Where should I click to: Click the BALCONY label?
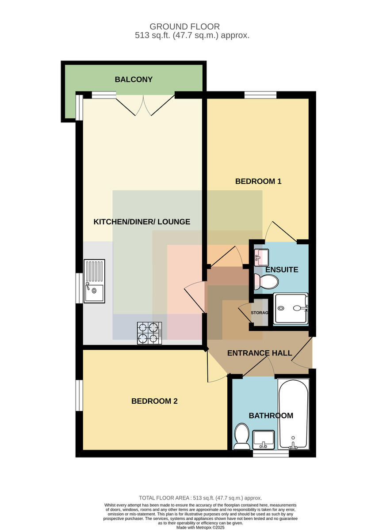(x=134, y=79)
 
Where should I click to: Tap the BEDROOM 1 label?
(x=258, y=181)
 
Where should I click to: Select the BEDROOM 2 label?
(x=154, y=401)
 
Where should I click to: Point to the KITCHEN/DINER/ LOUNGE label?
(x=142, y=222)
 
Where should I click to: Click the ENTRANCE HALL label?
(x=260, y=353)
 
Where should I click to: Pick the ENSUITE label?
(x=282, y=269)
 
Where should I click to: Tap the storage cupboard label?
(x=260, y=313)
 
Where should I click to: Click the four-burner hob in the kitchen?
(x=149, y=333)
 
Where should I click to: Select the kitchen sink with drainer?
(x=94, y=281)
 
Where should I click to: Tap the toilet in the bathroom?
(x=241, y=436)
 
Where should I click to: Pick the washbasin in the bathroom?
(x=264, y=439)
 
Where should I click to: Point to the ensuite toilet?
(x=266, y=282)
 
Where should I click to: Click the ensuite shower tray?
(x=291, y=309)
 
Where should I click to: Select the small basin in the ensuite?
(x=261, y=257)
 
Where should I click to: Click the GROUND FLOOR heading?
(x=184, y=26)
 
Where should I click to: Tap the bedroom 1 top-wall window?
(x=260, y=95)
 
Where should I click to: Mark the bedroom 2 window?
(x=79, y=395)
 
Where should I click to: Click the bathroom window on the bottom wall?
(x=271, y=453)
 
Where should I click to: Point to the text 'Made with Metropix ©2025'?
(x=200, y=528)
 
